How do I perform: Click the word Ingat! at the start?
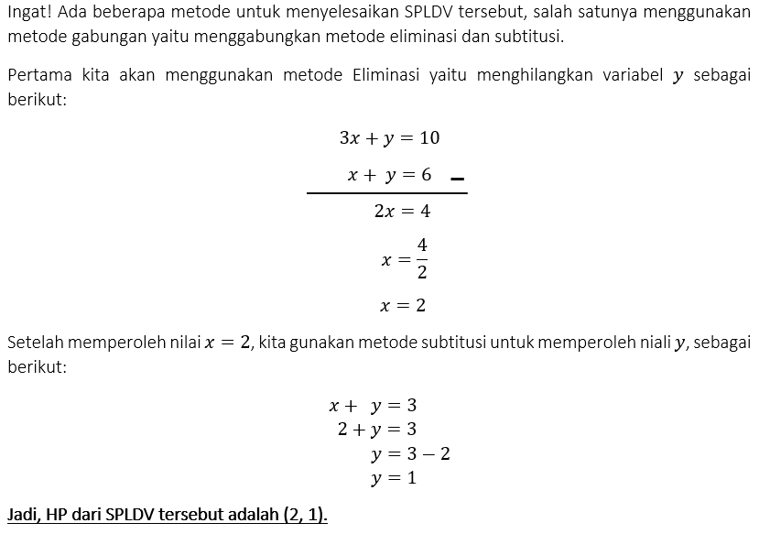(x=28, y=12)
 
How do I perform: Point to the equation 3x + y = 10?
(x=389, y=138)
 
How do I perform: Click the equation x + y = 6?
(x=389, y=175)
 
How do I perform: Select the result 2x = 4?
(x=402, y=212)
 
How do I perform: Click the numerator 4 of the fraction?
(x=422, y=245)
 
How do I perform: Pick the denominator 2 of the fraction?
(x=422, y=272)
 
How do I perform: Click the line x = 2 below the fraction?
(x=403, y=306)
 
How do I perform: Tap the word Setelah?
(x=36, y=343)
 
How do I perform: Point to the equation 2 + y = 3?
(x=376, y=430)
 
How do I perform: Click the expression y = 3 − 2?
(x=410, y=454)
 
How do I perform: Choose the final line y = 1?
(x=394, y=478)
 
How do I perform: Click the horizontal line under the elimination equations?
(x=386, y=193)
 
